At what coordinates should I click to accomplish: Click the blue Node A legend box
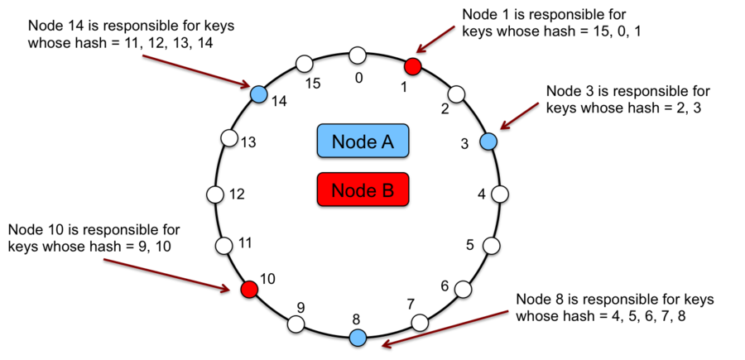[x=363, y=141]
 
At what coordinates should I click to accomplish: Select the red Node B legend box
[x=363, y=190]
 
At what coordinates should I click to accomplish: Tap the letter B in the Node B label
[x=387, y=190]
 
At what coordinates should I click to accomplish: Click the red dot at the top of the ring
[x=413, y=66]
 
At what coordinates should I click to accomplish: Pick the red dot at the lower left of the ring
[x=249, y=289]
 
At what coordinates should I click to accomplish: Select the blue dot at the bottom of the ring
[x=358, y=337]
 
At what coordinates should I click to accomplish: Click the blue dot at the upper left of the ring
[x=259, y=94]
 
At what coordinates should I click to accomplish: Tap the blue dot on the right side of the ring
[x=488, y=142]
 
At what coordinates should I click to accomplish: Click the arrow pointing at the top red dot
[x=435, y=38]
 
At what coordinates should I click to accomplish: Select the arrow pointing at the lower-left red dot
[x=166, y=274]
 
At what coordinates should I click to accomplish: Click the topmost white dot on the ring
[x=358, y=55]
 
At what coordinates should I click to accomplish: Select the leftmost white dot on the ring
[x=215, y=194]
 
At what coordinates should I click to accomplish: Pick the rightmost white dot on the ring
[x=500, y=194]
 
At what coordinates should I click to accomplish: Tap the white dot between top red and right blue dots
[x=456, y=94]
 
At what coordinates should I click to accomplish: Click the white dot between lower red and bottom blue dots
[x=296, y=324]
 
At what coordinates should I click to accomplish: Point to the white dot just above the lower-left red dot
[x=223, y=246]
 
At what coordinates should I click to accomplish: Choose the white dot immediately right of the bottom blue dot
[x=420, y=323]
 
